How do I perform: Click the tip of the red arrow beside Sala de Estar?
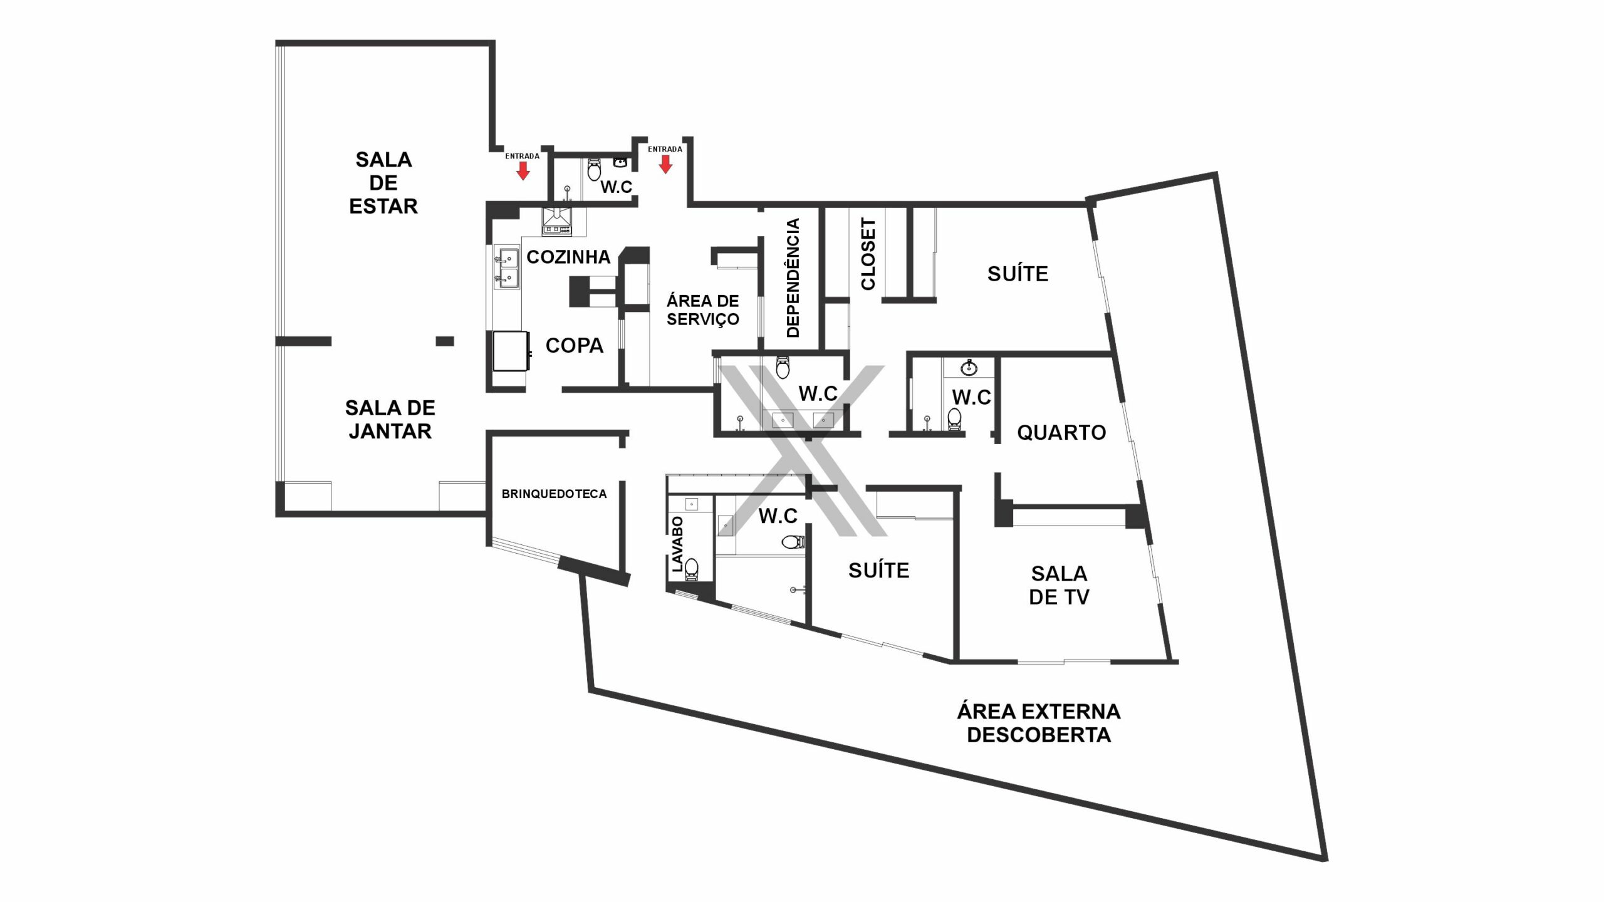click(523, 180)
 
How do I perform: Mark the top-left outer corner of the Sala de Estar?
click(276, 41)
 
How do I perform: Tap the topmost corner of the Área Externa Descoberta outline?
click(1216, 172)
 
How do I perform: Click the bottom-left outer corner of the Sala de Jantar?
click(276, 516)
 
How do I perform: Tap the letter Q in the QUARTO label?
click(1024, 433)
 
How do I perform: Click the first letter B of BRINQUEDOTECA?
click(505, 494)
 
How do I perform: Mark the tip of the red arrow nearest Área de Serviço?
click(665, 173)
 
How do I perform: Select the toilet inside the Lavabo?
click(691, 568)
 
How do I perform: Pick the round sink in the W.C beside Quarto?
click(969, 367)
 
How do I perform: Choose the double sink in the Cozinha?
click(507, 268)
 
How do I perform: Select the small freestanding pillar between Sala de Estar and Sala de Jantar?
click(445, 341)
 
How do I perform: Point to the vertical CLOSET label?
click(868, 254)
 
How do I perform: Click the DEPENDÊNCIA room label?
click(793, 278)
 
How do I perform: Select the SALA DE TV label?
click(1060, 586)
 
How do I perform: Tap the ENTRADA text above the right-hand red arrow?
click(665, 149)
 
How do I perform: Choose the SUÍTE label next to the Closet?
click(1018, 274)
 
